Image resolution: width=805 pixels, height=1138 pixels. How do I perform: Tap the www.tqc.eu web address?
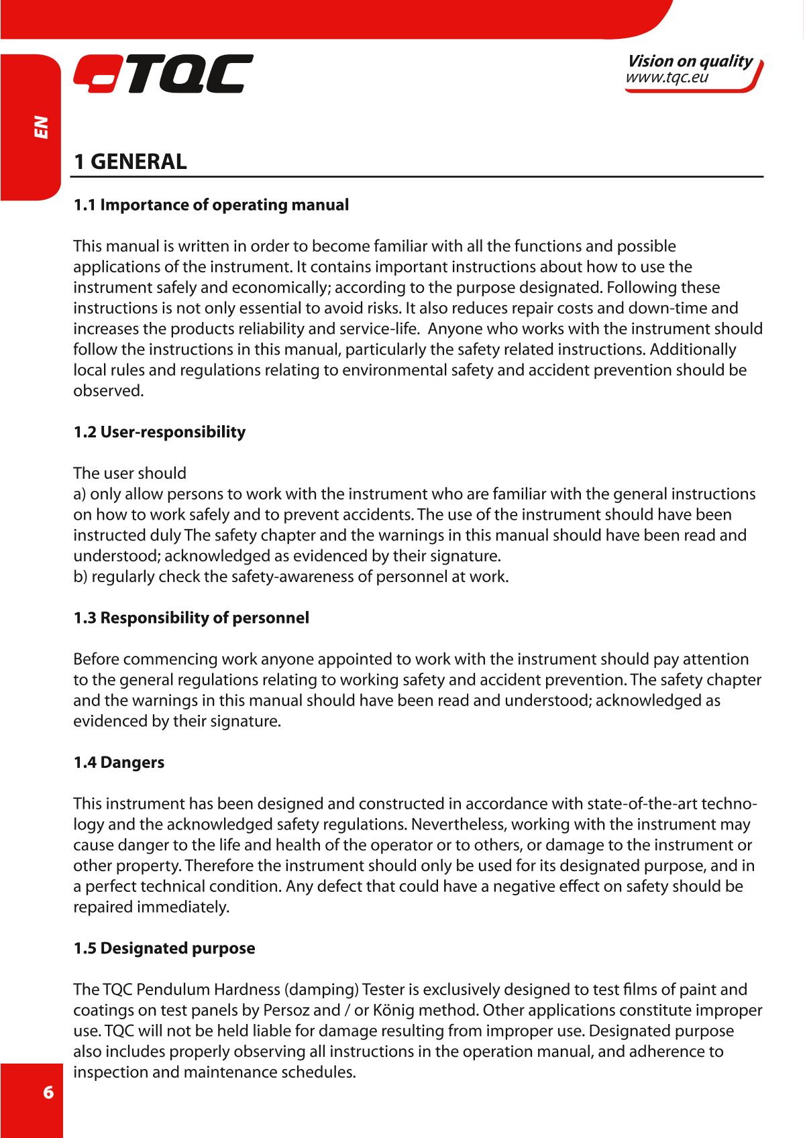666,78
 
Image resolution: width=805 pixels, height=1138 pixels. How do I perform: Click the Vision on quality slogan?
689,62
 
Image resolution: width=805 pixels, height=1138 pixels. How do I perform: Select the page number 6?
48,1090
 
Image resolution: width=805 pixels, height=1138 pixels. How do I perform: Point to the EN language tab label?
42,127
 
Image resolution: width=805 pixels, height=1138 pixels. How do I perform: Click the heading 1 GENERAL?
130,162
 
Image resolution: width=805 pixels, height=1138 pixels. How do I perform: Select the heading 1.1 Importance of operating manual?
211,205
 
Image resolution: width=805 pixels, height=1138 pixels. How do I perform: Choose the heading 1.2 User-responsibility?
160,432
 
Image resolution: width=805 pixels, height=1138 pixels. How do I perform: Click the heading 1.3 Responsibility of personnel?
191,618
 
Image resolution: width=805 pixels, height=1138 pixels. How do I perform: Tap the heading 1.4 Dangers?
119,762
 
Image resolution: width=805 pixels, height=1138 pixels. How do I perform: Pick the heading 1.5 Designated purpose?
164,949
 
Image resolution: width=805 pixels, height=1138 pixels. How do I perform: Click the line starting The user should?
130,473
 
